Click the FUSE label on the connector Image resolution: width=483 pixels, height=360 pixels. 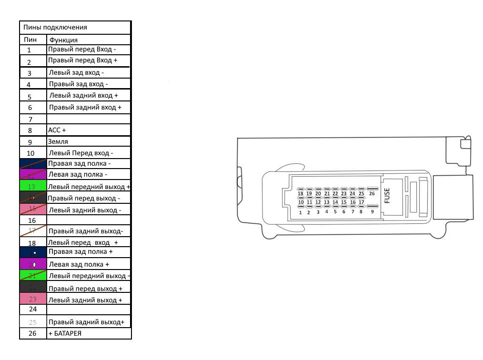tap(387, 195)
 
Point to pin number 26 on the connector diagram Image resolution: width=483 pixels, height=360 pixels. tap(372, 194)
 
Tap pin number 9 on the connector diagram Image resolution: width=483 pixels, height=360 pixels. tap(372, 211)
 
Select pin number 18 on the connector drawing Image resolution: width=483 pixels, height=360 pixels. tap(300, 194)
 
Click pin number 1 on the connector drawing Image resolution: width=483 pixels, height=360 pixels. tap(301, 212)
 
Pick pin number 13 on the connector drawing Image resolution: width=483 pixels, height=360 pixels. tap(327, 202)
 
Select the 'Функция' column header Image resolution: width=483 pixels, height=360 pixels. tap(63, 40)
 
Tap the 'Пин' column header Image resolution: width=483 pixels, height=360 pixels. tap(30, 40)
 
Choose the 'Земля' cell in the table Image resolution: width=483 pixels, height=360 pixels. tap(58, 141)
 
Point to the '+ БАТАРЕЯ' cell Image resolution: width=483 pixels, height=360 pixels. tap(65, 333)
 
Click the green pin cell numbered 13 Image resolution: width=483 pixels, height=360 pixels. tap(32, 187)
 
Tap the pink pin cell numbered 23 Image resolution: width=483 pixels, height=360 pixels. tap(32, 300)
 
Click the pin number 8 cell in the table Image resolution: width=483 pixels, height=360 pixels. tap(30, 130)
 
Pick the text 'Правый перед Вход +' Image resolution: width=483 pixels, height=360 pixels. tap(82, 60)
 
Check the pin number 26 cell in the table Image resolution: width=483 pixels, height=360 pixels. tap(32, 333)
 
